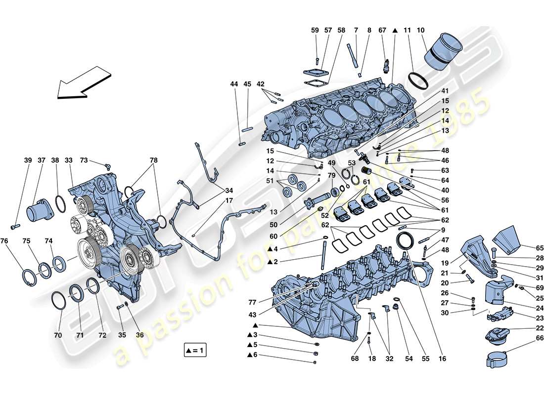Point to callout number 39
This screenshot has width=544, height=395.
(x=28, y=160)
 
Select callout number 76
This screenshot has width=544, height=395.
(x=4, y=241)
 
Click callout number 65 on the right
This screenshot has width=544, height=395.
(x=539, y=248)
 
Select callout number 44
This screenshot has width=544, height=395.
(x=234, y=84)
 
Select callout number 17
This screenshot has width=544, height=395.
(x=215, y=201)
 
